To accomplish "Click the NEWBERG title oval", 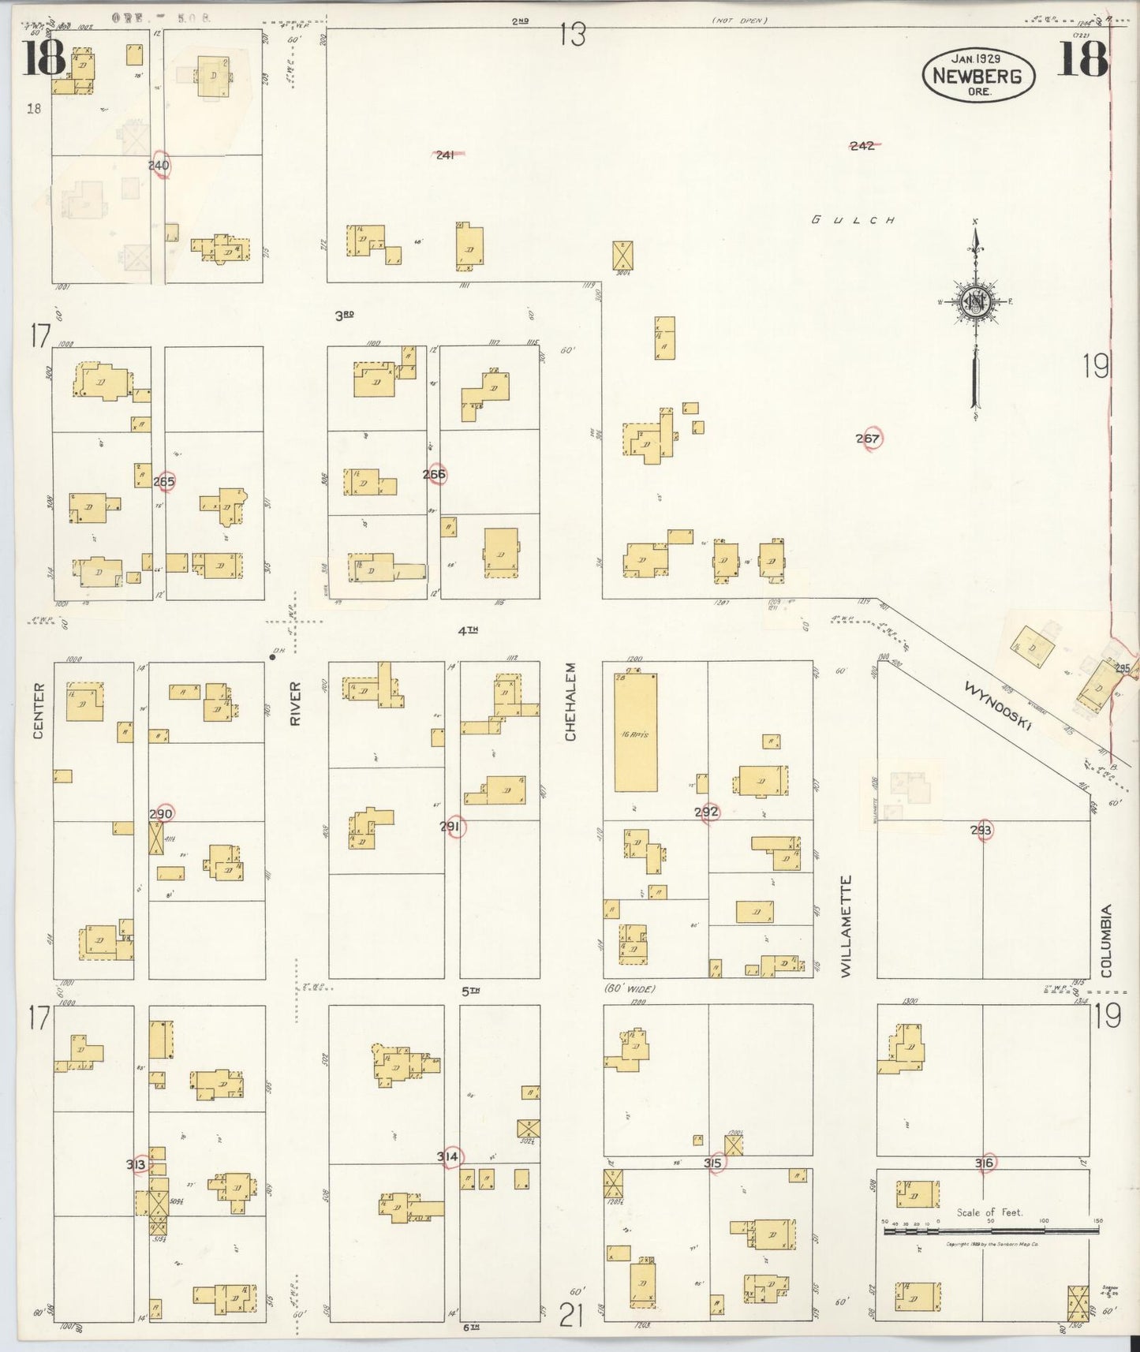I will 978,75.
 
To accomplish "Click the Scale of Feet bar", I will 991,1230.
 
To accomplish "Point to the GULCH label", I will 853,220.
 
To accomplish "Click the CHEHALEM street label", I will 570,701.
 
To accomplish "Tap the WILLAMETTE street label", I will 846,926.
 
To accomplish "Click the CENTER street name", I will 38,711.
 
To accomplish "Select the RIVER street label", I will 296,703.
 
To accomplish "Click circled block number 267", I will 869,439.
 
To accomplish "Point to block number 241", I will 446,155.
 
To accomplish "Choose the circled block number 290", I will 161,814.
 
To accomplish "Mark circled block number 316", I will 984,1162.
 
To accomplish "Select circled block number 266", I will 435,474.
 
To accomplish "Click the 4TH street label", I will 468,629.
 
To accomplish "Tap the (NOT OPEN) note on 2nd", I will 739,21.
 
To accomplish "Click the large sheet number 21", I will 571,1315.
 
